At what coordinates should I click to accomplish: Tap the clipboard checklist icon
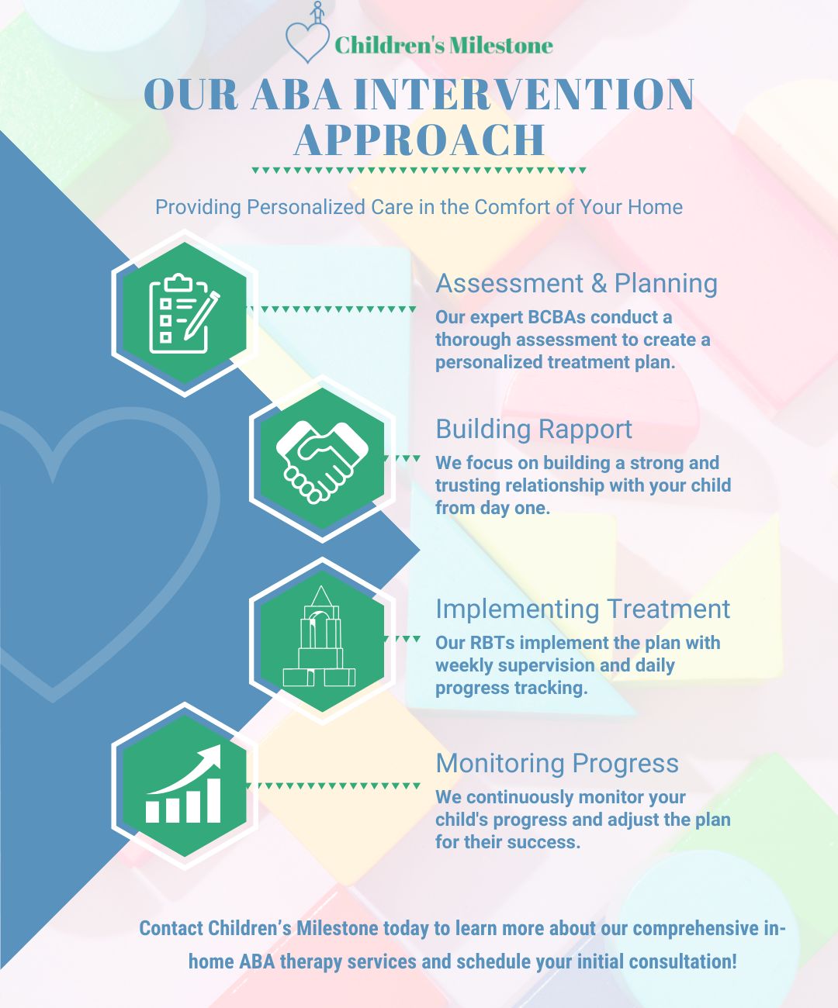184,312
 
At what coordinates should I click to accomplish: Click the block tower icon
320,639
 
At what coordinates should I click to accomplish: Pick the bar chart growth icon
184,785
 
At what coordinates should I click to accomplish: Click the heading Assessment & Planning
576,284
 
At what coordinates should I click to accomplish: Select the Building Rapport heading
534,430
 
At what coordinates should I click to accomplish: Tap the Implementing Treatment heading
582,609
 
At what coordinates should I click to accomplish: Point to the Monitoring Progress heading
557,764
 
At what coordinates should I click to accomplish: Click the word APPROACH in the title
420,140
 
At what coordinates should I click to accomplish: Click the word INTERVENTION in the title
524,95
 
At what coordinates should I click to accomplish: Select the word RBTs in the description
493,643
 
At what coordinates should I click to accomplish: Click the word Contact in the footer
171,929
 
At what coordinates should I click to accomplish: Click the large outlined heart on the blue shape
101,543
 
